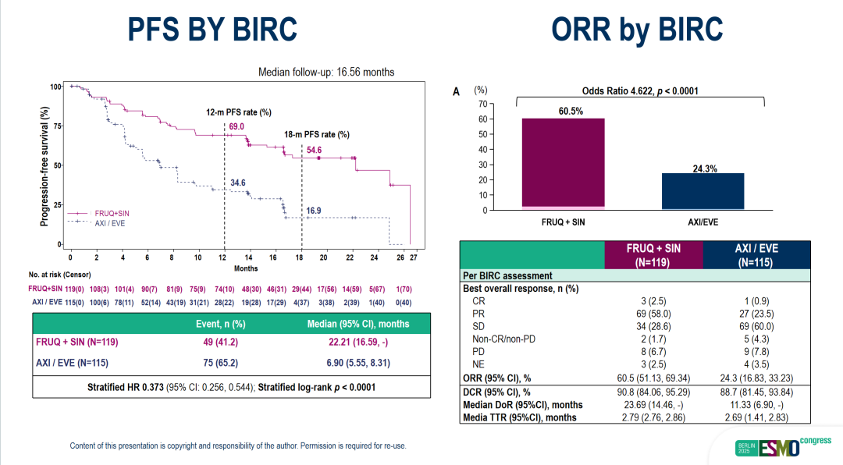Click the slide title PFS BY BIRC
[212, 30]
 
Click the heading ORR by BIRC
[636, 30]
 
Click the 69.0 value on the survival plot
[237, 126]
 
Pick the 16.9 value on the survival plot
[314, 211]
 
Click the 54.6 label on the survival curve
[336, 149]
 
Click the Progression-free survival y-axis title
[45, 167]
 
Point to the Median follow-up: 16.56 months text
[326, 72]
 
